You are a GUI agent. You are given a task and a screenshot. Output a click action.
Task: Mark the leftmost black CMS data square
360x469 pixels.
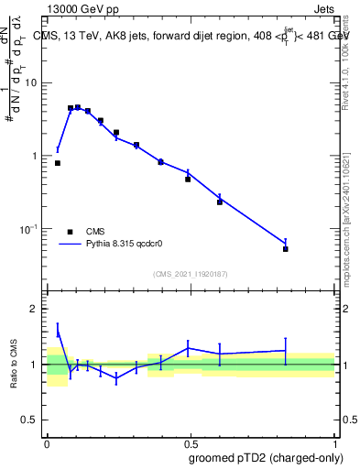58,163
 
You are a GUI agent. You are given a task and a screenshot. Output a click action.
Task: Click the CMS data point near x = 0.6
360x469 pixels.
220,202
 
